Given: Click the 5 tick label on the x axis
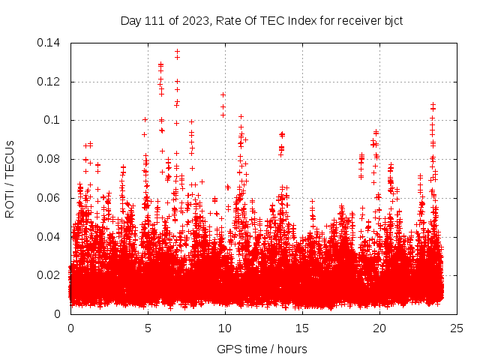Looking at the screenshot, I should click(x=148, y=328).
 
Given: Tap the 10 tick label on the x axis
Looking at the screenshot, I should click(x=225, y=328).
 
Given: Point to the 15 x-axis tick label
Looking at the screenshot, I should click(x=302, y=328).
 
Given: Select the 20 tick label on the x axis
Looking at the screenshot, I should click(x=379, y=328).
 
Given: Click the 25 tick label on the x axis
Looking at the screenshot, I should click(x=457, y=328).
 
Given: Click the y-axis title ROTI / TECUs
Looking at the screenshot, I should click(x=10, y=178).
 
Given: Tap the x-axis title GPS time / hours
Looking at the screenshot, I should click(x=262, y=349).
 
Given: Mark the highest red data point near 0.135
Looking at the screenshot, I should click(x=177, y=51).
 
